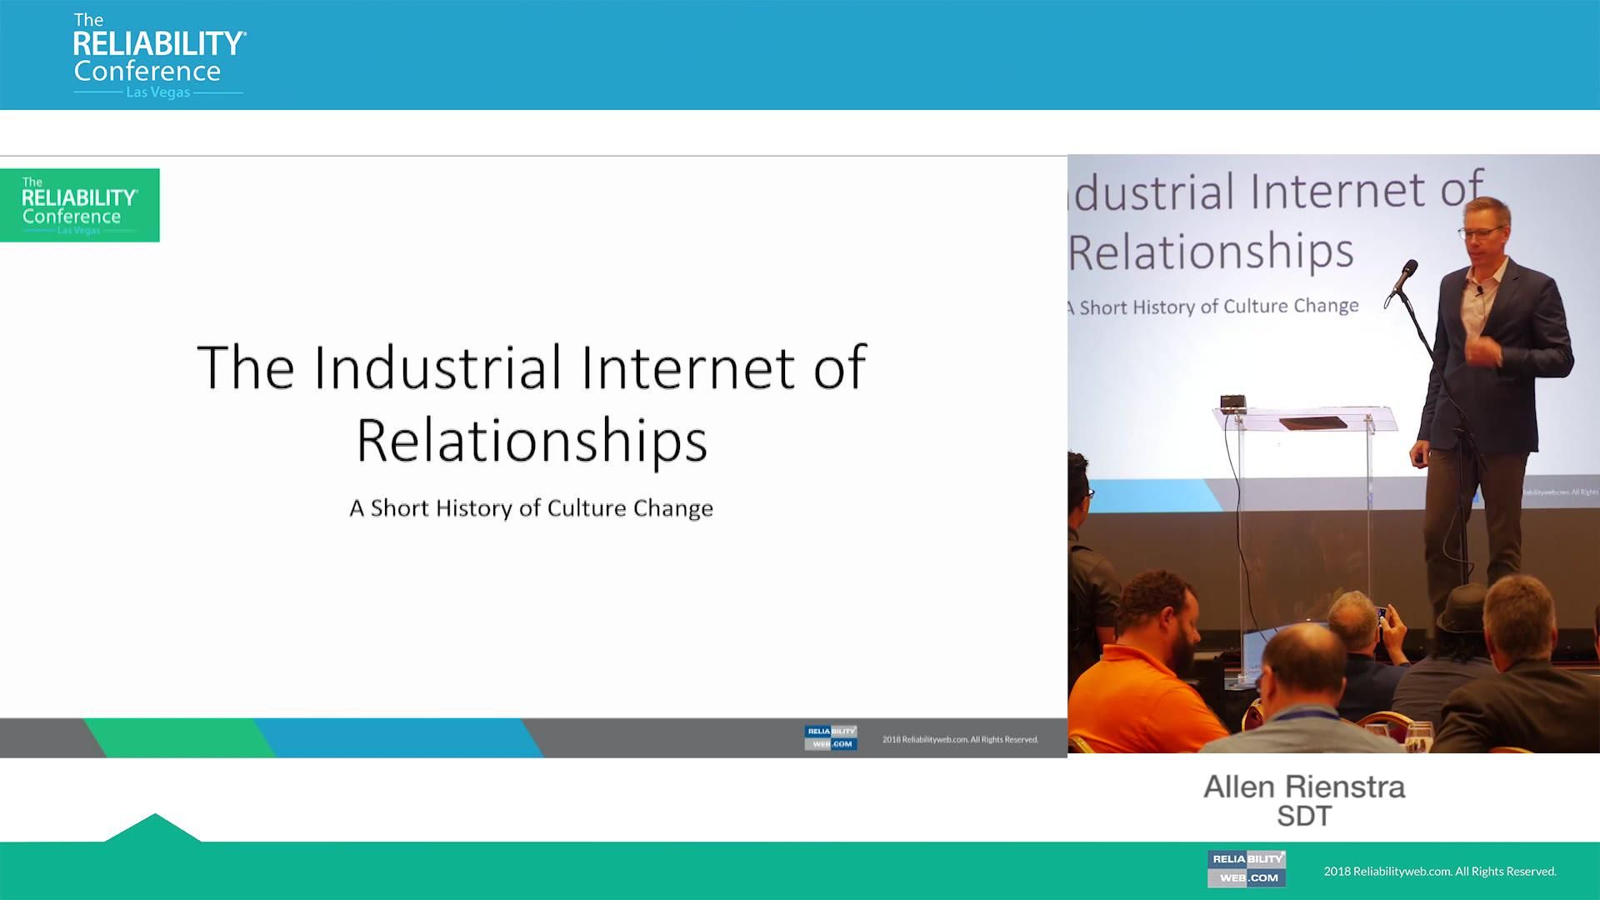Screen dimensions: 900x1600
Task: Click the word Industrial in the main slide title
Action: [437, 367]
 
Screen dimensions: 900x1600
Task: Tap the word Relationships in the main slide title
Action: [532, 440]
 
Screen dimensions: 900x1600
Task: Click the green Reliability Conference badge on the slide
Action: [80, 206]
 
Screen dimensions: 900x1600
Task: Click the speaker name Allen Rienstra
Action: [1304, 787]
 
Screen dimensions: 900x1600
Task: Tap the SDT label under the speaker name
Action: [1304, 817]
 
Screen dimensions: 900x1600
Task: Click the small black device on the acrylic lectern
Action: [1232, 403]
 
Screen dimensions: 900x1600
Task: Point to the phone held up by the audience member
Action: [1381, 617]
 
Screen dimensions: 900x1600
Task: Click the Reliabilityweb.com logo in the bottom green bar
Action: [1246, 868]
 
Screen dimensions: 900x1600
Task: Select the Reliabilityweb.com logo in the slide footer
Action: [830, 737]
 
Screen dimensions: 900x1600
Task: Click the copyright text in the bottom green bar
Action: [1440, 872]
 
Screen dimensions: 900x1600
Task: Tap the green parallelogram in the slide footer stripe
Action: [179, 737]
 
